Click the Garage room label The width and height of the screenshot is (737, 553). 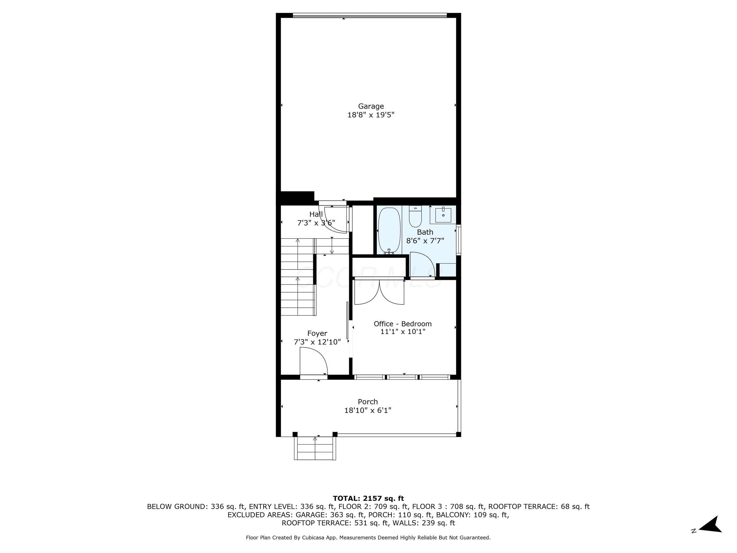[x=371, y=106]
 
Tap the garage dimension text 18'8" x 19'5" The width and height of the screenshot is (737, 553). [x=371, y=115]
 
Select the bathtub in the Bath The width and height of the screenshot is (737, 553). [x=389, y=231]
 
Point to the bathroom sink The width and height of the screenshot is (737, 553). [x=443, y=215]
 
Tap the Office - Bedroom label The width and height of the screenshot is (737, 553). [x=403, y=324]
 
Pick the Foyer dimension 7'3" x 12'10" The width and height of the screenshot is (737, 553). [x=317, y=342]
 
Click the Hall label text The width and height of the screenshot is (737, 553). [x=316, y=214]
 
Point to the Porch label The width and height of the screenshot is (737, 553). [x=368, y=402]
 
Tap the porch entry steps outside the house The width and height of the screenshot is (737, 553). [x=315, y=449]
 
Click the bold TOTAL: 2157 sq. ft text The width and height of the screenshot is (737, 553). [x=368, y=498]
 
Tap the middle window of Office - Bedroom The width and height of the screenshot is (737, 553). [x=403, y=377]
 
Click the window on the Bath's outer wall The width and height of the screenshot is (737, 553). [x=458, y=240]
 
